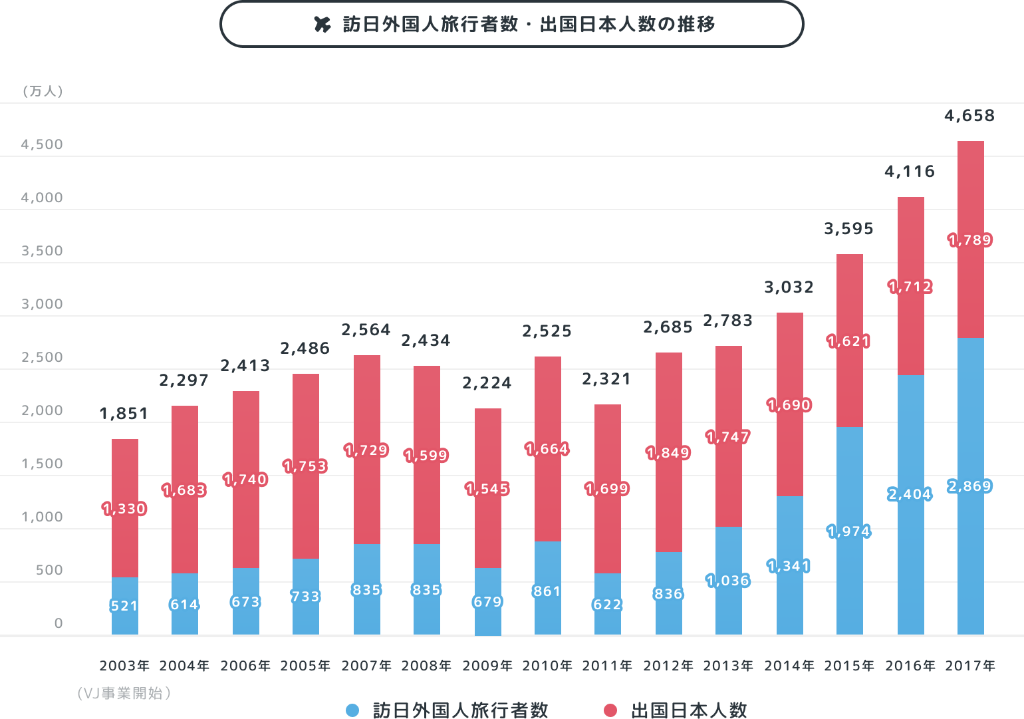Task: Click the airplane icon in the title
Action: pos(322,25)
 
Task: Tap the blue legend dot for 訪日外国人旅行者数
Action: pos(352,710)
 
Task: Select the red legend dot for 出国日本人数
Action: pos(610,710)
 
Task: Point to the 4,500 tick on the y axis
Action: pos(42,144)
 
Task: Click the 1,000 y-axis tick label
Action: pos(42,517)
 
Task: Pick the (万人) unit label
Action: pos(43,91)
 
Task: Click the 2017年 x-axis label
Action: pos(970,666)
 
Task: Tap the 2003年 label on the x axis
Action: pos(124,666)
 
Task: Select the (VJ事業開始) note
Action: pos(124,694)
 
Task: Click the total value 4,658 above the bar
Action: pos(969,116)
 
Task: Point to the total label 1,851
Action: pos(124,413)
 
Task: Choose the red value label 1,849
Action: pos(668,453)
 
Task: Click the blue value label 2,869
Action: pos(970,486)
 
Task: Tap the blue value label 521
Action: pos(124,606)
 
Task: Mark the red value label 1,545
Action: pos(487,489)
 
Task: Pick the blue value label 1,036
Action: pos(728,581)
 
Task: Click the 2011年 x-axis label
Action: pos(607,666)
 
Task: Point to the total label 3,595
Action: pos(848,229)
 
